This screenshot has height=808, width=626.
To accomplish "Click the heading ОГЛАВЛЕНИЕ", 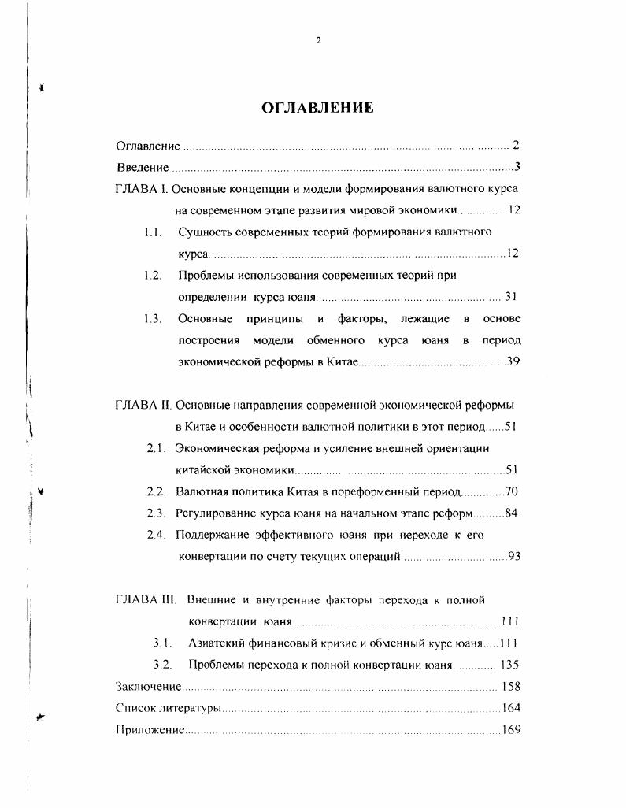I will [317, 109].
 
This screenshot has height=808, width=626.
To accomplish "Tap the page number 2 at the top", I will [318, 42].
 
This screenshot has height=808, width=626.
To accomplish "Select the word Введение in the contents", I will [143, 167].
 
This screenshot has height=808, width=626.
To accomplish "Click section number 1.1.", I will [153, 232].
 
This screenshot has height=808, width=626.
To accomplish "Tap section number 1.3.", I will [153, 318].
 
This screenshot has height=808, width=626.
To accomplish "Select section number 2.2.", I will [155, 491].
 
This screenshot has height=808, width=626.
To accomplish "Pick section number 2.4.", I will [155, 535].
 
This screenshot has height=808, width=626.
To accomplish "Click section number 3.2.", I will [162, 664].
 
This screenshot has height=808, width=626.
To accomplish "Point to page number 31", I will [509, 297].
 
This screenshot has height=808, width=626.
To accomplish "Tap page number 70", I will [510, 491].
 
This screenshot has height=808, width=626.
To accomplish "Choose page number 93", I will [515, 556].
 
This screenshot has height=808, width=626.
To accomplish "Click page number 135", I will [509, 664].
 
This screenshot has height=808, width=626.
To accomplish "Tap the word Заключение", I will [138, 686].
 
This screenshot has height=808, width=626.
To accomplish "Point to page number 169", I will [511, 729].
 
